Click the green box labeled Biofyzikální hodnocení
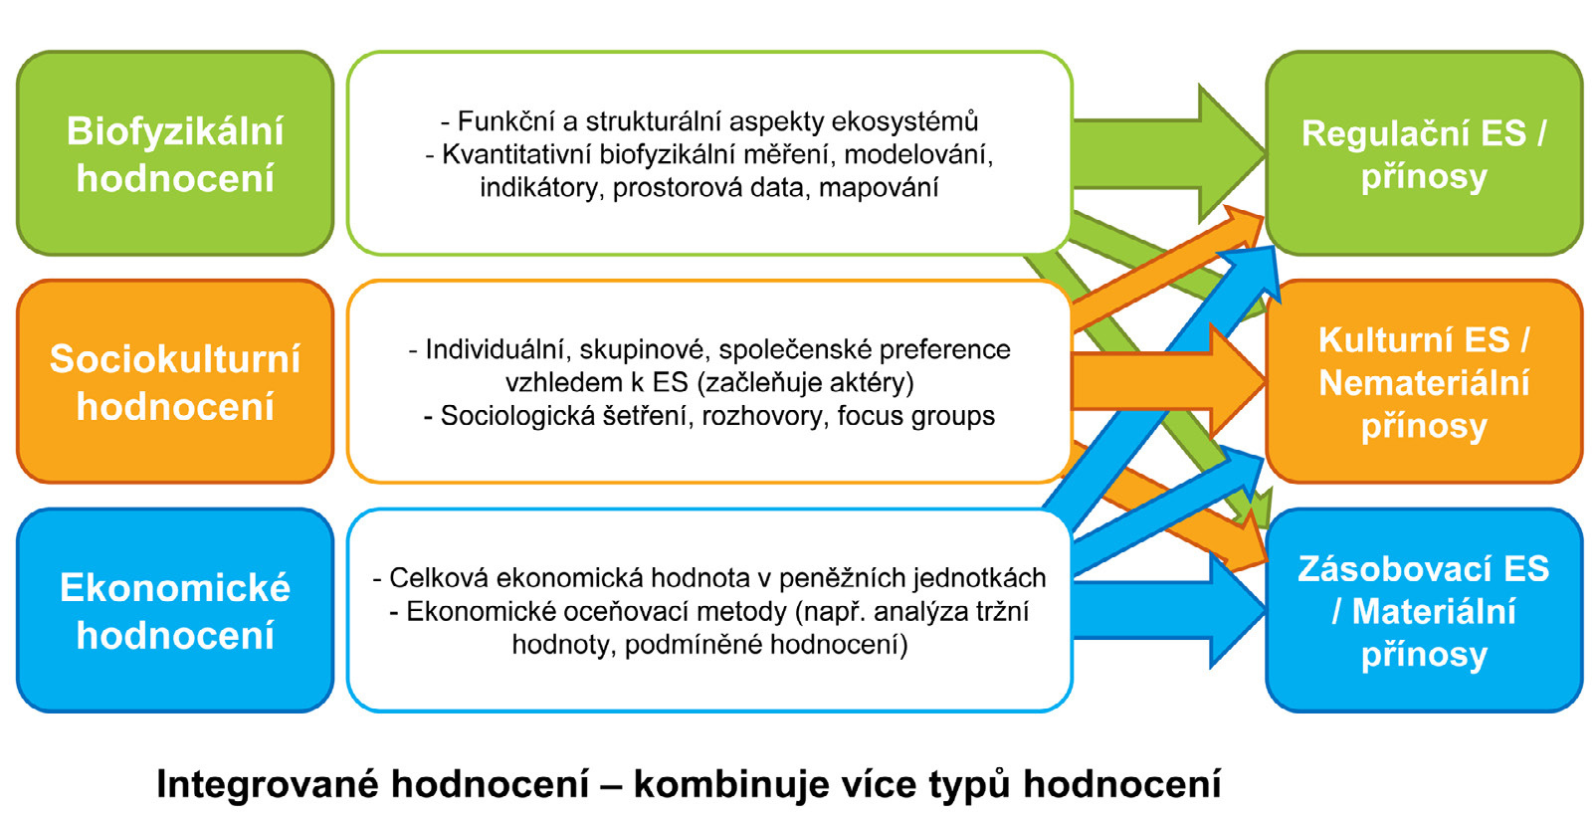tap(175, 153)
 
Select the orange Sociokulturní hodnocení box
tap(175, 382)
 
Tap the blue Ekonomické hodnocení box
tap(175, 611)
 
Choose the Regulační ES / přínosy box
tap(1424, 153)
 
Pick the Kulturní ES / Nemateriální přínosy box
tap(1424, 382)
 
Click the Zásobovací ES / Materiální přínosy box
tap(1424, 611)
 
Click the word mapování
tap(879, 187)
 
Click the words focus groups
tap(916, 416)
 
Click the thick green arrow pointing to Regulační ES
tap(1168, 154)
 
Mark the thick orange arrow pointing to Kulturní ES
tap(1168, 382)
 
